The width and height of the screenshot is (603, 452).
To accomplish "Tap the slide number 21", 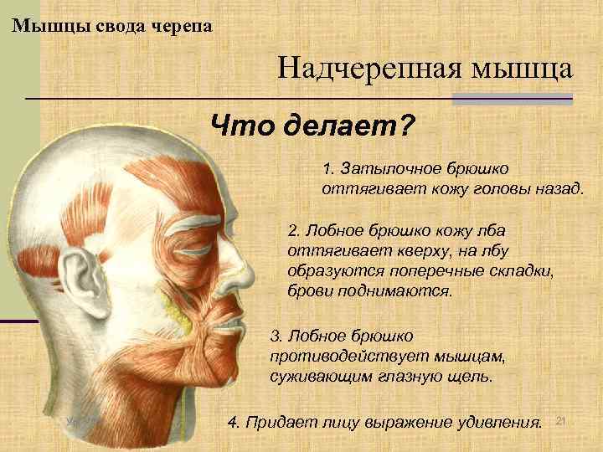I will coord(561,418).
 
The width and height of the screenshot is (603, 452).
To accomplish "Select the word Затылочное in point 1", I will coord(382,169).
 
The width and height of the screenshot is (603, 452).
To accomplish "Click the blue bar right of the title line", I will coord(512,99).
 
